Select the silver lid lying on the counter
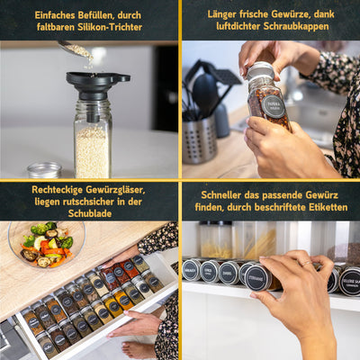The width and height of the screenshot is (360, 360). tap(43, 170)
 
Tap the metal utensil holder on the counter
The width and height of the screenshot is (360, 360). tap(199, 139)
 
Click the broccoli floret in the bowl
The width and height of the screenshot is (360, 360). tap(66, 242)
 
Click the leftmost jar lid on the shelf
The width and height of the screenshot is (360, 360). tap(191, 270)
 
